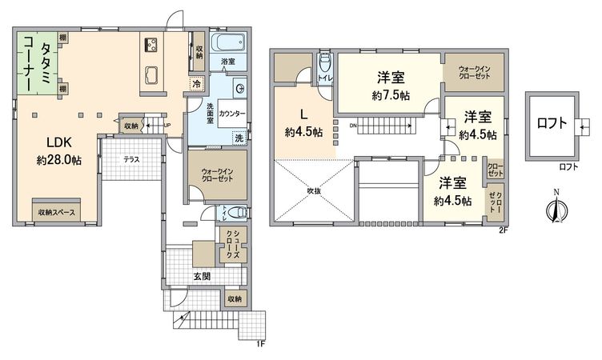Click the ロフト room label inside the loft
pos(552,123)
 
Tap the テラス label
pos(131,159)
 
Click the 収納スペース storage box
pos(65,211)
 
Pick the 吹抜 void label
pos(315,190)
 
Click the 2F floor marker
pos(502,230)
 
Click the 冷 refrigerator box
pos(196,82)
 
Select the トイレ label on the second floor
pos(325,78)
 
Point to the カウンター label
pos(231,114)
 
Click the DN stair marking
pos(353,125)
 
